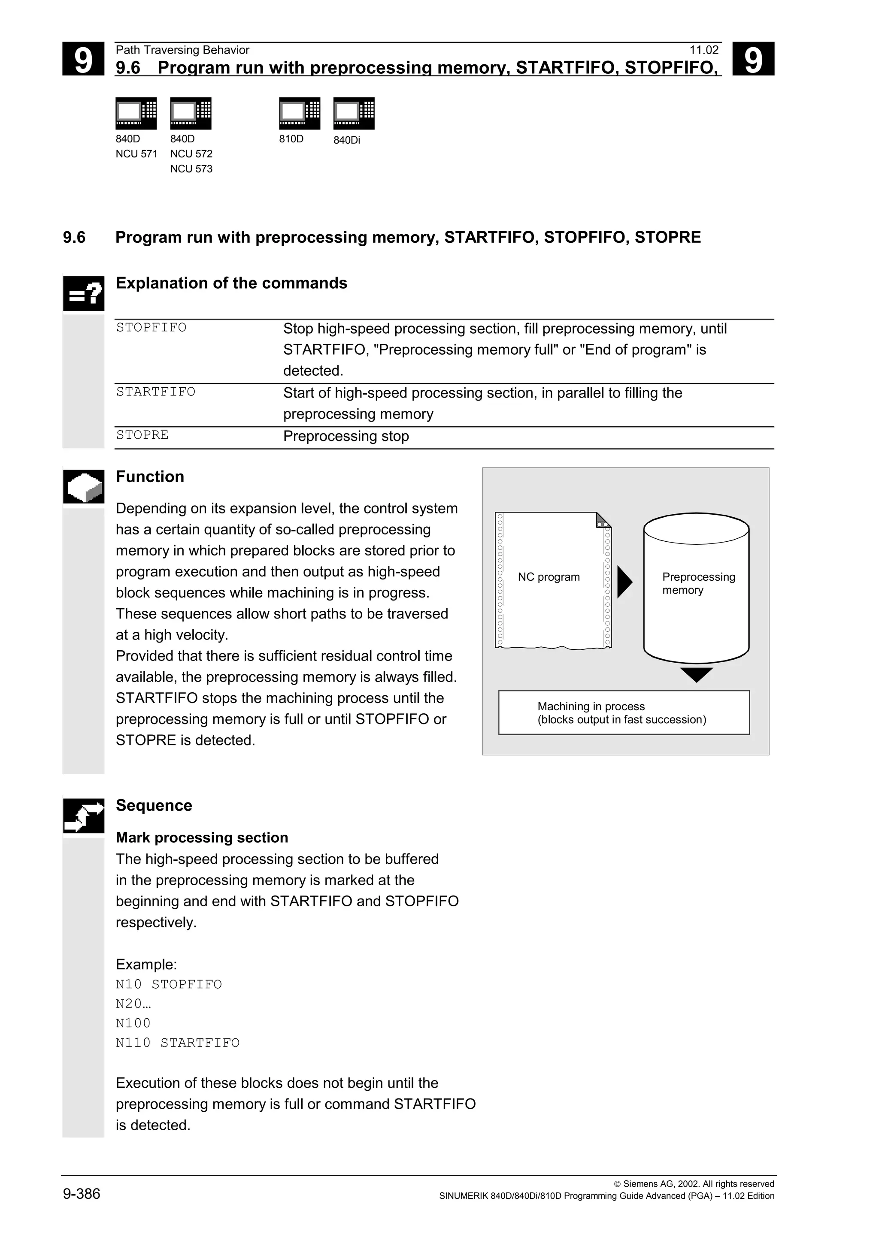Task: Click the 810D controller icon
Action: pos(300,113)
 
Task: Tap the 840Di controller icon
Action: pos(354,113)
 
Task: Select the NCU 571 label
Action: pos(136,154)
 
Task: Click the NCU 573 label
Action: pos(191,169)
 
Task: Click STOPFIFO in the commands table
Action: pos(151,328)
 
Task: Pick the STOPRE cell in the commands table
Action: pos(142,435)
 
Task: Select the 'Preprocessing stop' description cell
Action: pos(346,436)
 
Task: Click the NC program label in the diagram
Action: pos(549,577)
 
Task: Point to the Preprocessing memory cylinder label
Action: pos(698,583)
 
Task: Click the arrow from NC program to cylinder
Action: pos(624,582)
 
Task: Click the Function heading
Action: pos(150,477)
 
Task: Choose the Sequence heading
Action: pos(154,805)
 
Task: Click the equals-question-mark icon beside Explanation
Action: pos(83,293)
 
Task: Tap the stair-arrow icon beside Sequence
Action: pos(83,815)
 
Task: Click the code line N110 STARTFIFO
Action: pos(178,1043)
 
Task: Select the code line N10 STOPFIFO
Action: pos(169,984)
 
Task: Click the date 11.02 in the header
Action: pos(703,50)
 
